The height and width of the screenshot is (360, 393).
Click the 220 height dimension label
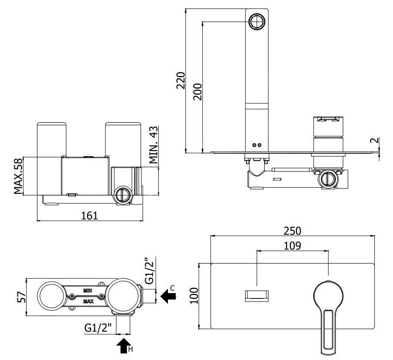click(x=181, y=80)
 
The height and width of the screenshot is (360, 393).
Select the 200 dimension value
click(x=198, y=92)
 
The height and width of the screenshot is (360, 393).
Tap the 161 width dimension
click(x=89, y=216)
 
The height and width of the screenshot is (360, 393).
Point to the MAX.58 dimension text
click(x=18, y=176)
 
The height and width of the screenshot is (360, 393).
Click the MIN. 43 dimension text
click(x=154, y=144)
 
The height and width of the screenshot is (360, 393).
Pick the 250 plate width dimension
click(x=292, y=231)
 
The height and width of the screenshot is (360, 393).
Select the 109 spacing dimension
click(x=292, y=246)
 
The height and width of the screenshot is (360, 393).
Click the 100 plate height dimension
click(x=194, y=296)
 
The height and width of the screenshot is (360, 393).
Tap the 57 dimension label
click(x=21, y=297)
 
